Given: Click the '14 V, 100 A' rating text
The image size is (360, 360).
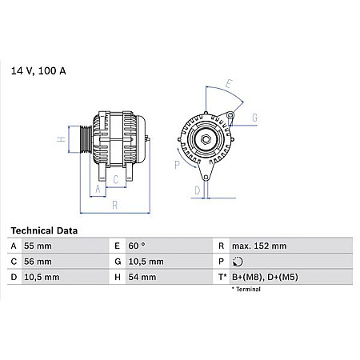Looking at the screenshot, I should (38, 71).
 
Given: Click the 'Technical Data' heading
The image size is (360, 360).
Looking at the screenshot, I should (44, 230).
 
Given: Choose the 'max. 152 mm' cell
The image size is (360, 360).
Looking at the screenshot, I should (258, 246).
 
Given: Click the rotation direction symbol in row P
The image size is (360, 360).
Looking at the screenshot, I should (235, 262).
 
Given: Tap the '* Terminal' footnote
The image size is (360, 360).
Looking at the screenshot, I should (246, 289).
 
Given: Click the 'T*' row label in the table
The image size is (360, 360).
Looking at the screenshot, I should (220, 276).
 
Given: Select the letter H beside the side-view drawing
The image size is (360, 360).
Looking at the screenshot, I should (60, 139).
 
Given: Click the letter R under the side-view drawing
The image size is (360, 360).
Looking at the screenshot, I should (115, 204).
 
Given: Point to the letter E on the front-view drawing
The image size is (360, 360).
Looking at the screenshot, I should (229, 83).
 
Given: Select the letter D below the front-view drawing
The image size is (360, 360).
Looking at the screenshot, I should (197, 190).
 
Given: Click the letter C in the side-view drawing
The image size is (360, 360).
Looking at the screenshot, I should (115, 179).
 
